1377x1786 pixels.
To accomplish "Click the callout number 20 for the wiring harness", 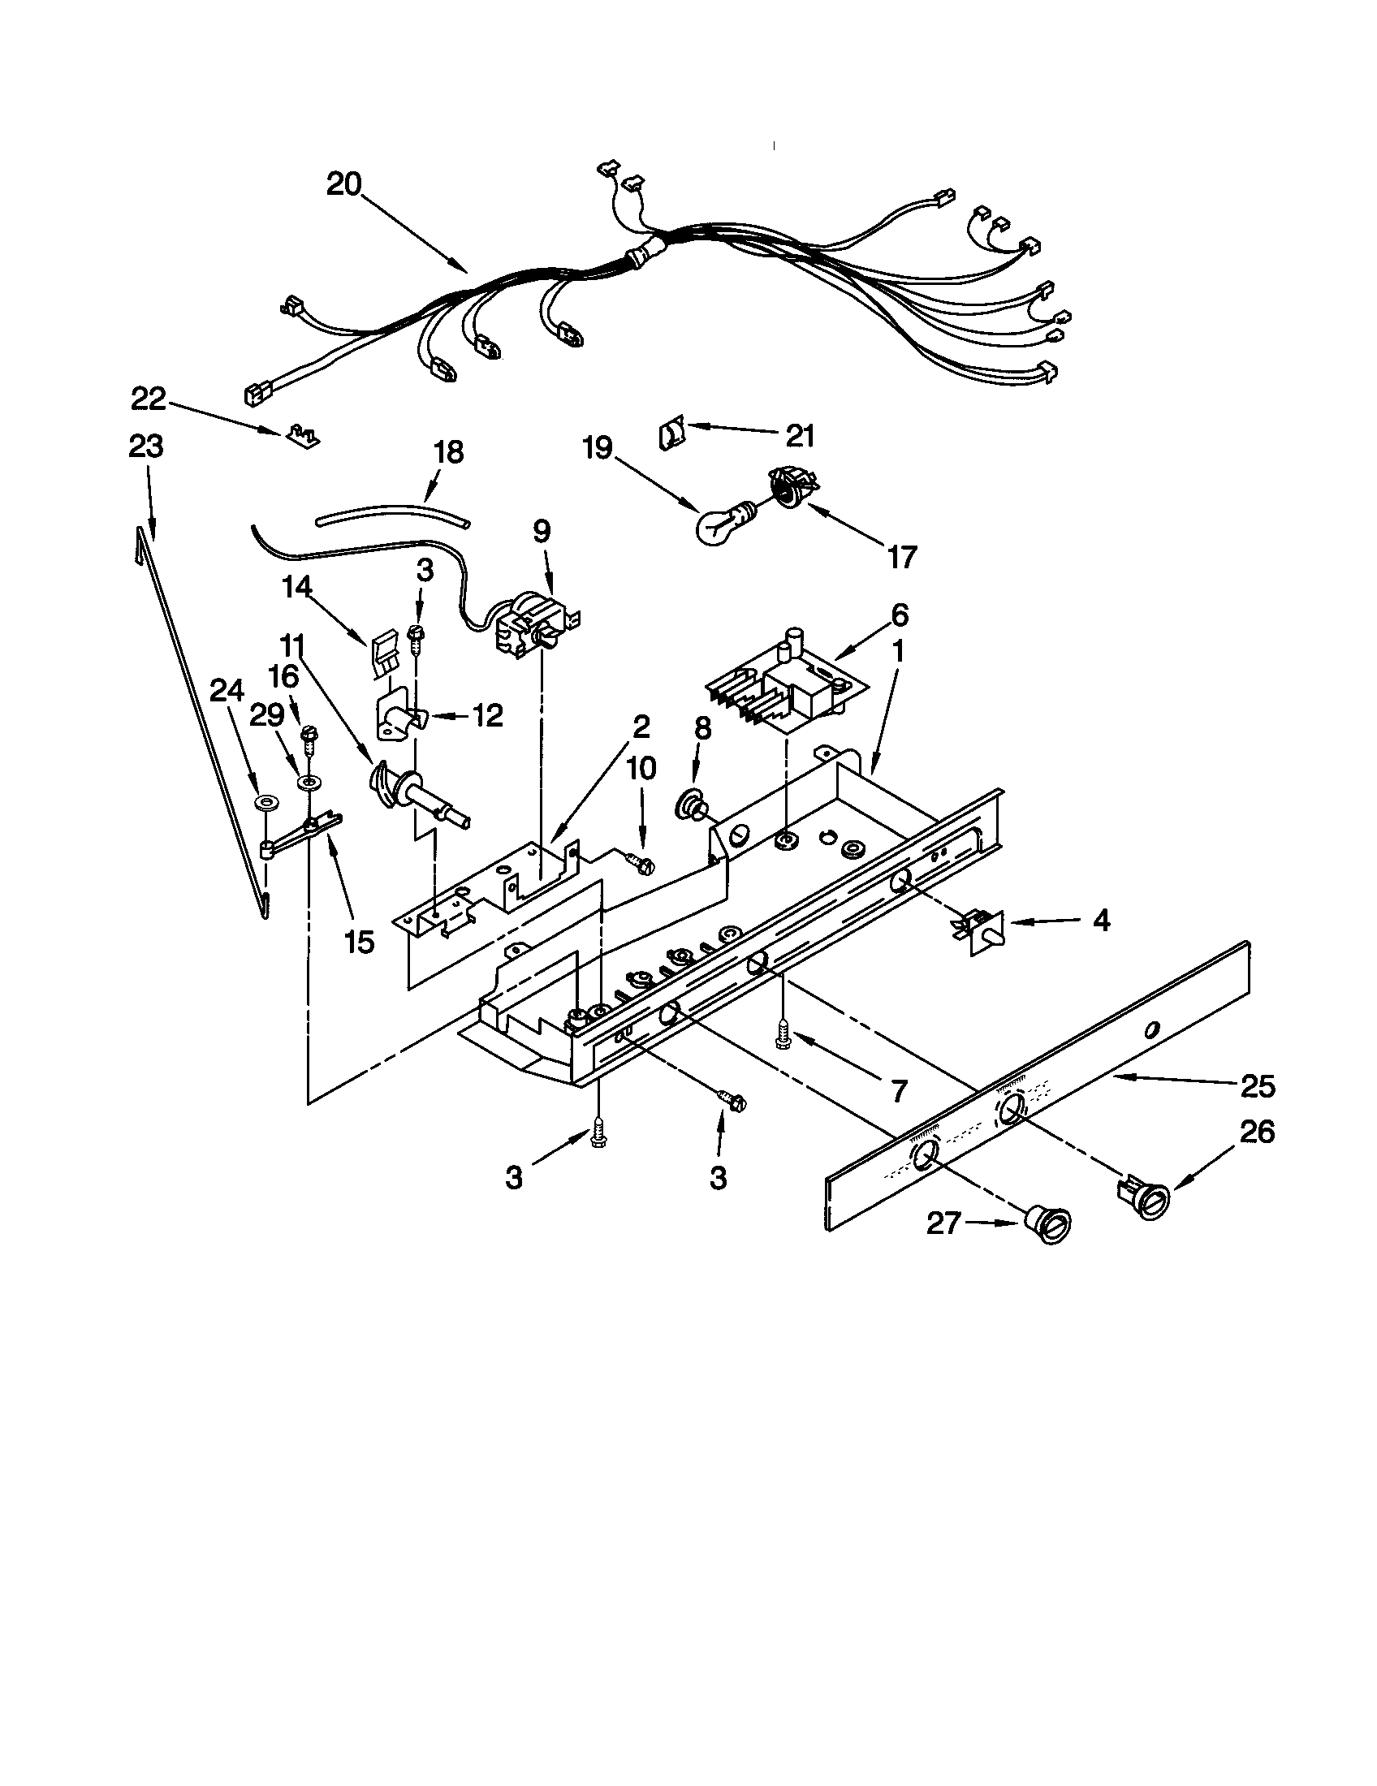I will [x=343, y=185].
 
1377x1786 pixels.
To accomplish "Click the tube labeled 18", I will [x=391, y=515].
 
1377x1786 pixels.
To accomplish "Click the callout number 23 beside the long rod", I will [x=146, y=446].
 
